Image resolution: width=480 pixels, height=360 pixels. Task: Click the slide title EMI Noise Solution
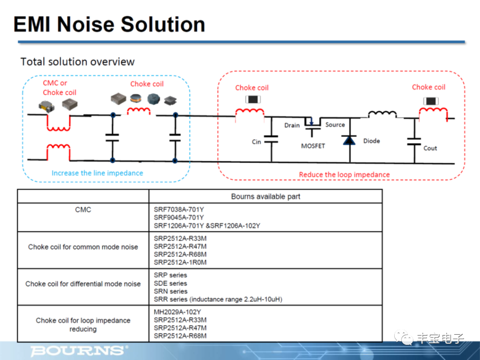pos(109,24)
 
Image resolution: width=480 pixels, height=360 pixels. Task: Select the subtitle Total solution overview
pos(77,62)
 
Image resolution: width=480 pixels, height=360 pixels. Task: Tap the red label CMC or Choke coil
pos(59,88)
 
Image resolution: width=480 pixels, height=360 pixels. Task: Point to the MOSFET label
pos(313,146)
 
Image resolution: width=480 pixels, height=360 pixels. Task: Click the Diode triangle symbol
pos(348,140)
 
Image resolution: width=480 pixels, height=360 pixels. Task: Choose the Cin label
pos(256,142)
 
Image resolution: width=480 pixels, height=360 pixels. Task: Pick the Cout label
pos(430,148)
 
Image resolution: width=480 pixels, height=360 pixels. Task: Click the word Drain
pos(292,125)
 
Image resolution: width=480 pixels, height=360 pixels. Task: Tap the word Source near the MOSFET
pos(335,125)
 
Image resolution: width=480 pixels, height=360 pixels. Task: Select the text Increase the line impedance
pos(97,173)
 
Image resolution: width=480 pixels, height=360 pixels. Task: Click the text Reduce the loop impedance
pos(344,175)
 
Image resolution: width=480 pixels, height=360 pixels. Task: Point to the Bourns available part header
pos(265,196)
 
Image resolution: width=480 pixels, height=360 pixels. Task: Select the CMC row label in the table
pos(83,210)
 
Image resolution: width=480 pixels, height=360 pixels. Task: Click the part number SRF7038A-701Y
pos(179,210)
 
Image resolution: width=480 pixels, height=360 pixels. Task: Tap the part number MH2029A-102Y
pos(177,312)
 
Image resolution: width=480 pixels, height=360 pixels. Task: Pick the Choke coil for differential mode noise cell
pos(83,284)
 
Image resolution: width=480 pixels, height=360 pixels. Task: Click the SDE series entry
pos(170,283)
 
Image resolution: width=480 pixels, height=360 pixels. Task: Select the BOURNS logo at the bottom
pos(79,350)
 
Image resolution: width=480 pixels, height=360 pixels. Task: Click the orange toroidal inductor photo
pos(135,99)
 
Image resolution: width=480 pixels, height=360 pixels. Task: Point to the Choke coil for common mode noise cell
pos(83,247)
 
